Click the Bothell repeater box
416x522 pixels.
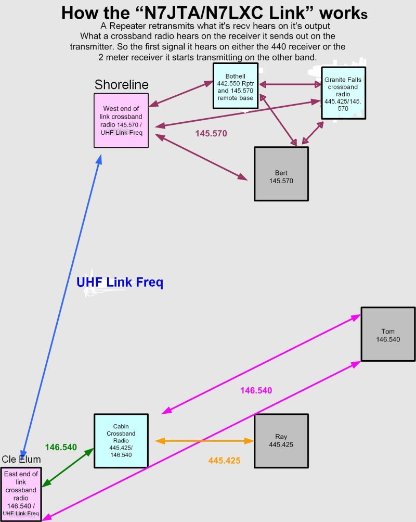(236, 86)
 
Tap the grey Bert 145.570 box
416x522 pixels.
(281, 174)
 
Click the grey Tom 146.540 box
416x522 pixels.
(388, 334)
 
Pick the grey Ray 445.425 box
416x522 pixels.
(281, 441)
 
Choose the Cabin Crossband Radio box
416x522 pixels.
(121, 441)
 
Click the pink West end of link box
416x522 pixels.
(121, 120)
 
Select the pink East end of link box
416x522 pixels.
(21, 494)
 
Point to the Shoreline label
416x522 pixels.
(121, 85)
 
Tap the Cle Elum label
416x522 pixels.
(21, 460)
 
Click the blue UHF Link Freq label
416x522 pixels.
(120, 283)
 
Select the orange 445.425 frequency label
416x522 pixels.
(224, 461)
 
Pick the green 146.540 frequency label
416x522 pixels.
(61, 447)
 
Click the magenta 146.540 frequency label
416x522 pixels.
(256, 390)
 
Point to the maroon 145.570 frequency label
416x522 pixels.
(211, 134)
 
